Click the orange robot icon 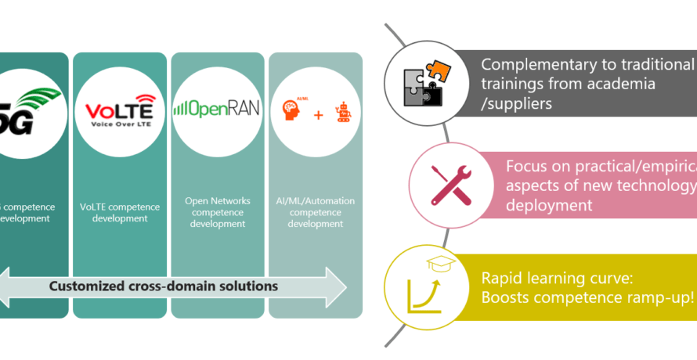[x=341, y=114]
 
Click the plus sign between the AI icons [x=318, y=116]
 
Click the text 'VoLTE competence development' [x=120, y=213]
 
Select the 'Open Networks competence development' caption [x=218, y=212]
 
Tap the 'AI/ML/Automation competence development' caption [x=316, y=212]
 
